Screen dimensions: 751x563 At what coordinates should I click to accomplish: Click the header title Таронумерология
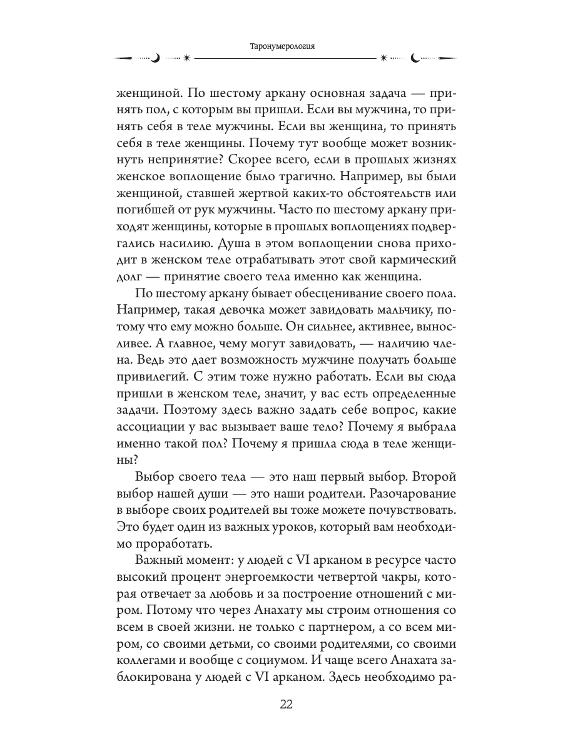281,45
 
